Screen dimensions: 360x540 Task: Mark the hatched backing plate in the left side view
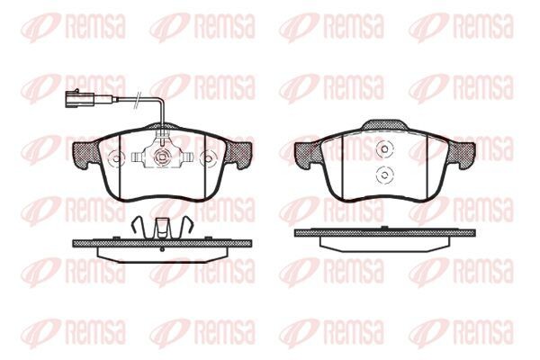[x=161, y=242]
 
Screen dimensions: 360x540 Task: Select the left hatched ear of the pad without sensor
[x=306, y=154]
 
